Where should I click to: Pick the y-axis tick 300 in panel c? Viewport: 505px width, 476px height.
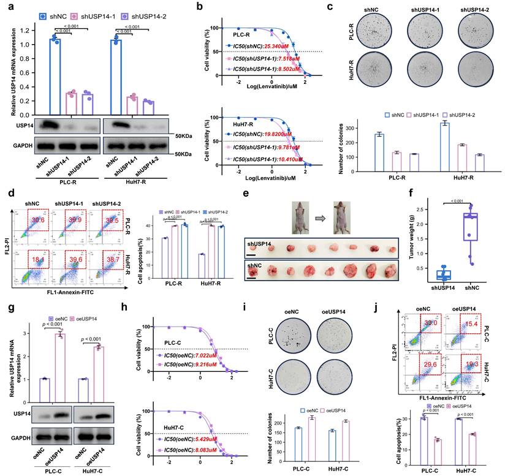pyautogui.click(x=351, y=129)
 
